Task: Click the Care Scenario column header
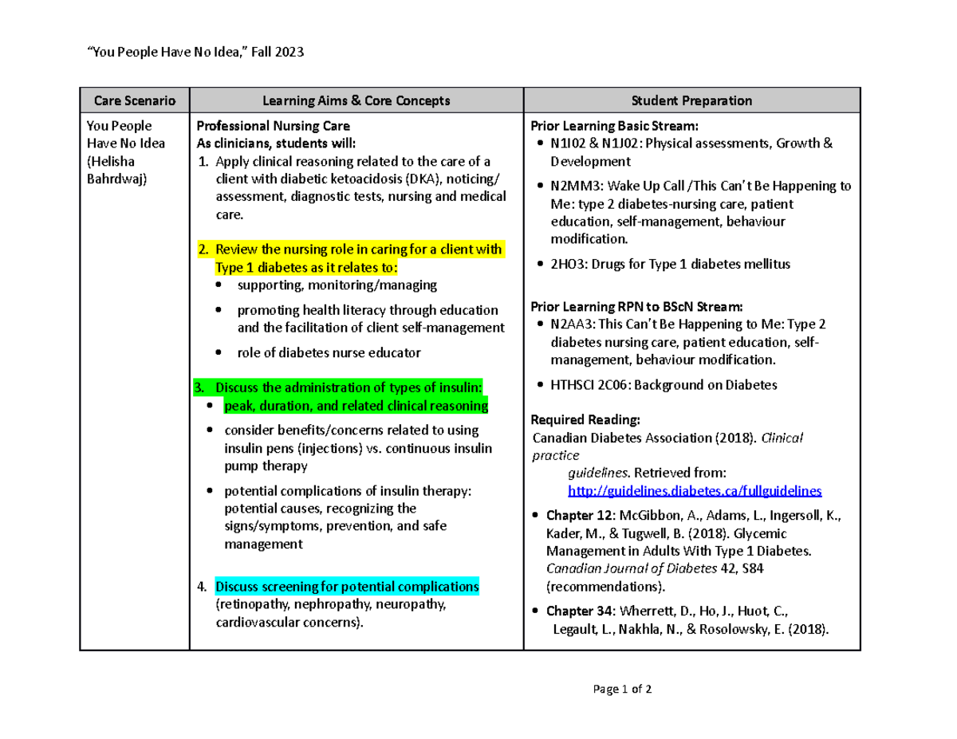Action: (x=133, y=100)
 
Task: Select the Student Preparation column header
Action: (x=691, y=100)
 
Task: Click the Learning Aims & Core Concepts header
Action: (x=356, y=100)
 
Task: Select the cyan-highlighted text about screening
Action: (x=347, y=588)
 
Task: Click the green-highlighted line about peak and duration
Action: (x=356, y=406)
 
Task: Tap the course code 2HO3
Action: (x=565, y=264)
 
